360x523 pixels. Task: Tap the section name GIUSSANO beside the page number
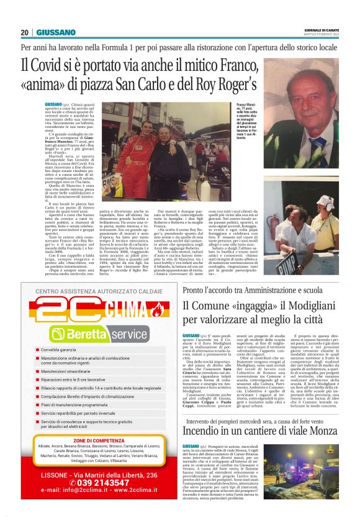(56, 32)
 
